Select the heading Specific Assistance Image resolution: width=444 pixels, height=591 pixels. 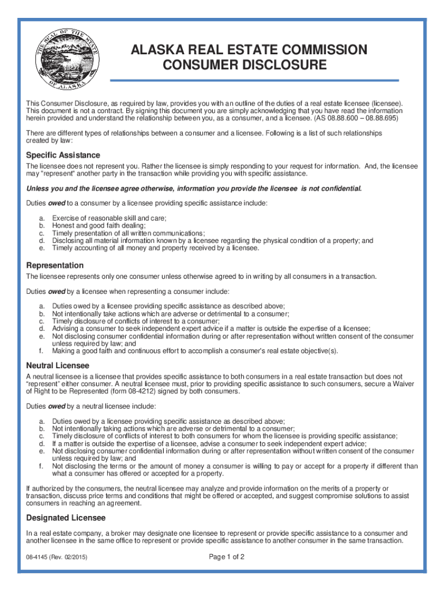point(63,155)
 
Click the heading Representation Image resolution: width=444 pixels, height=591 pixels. point(55,265)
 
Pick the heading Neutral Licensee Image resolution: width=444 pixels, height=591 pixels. point(58,365)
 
